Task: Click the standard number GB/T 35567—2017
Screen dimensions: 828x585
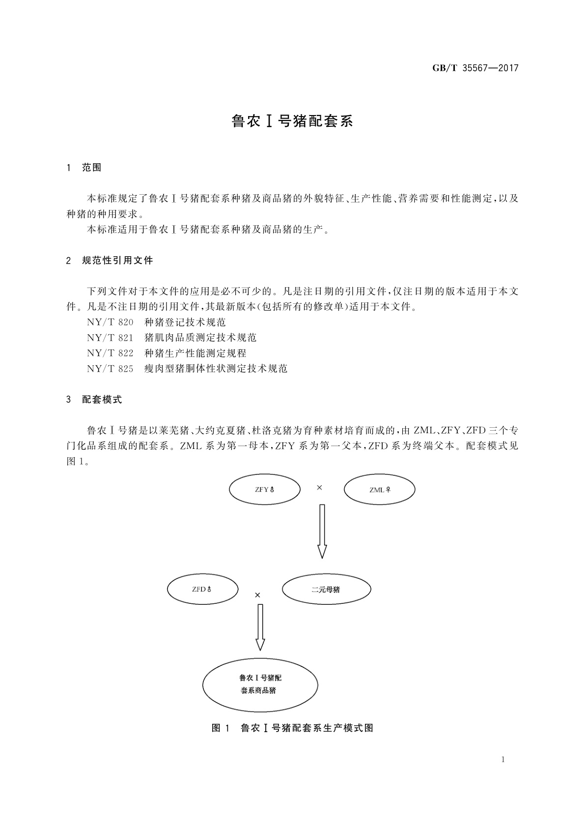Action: tap(475, 68)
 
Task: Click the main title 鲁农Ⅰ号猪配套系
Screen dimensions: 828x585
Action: tap(292, 121)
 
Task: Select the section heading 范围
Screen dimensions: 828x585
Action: tap(91, 168)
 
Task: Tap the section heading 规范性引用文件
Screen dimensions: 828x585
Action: tap(117, 261)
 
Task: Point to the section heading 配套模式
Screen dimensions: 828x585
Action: tap(102, 400)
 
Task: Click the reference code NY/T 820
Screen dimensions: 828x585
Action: tap(110, 323)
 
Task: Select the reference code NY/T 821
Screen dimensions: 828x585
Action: tap(110, 338)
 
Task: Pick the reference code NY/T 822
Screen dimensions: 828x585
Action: tap(110, 353)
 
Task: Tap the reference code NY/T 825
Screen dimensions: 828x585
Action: tap(110, 368)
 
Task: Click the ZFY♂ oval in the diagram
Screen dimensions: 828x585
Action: tap(265, 490)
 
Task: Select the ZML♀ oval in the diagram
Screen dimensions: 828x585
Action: tap(379, 490)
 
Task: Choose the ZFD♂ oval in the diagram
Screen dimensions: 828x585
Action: tap(202, 589)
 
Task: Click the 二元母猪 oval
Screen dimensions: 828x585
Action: tap(326, 589)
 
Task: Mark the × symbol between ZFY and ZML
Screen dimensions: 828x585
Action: tap(319, 488)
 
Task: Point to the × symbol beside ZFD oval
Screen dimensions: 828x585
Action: tap(257, 595)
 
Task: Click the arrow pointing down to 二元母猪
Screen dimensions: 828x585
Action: tap(322, 531)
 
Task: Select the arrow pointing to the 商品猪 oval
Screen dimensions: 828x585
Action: tap(260, 627)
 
